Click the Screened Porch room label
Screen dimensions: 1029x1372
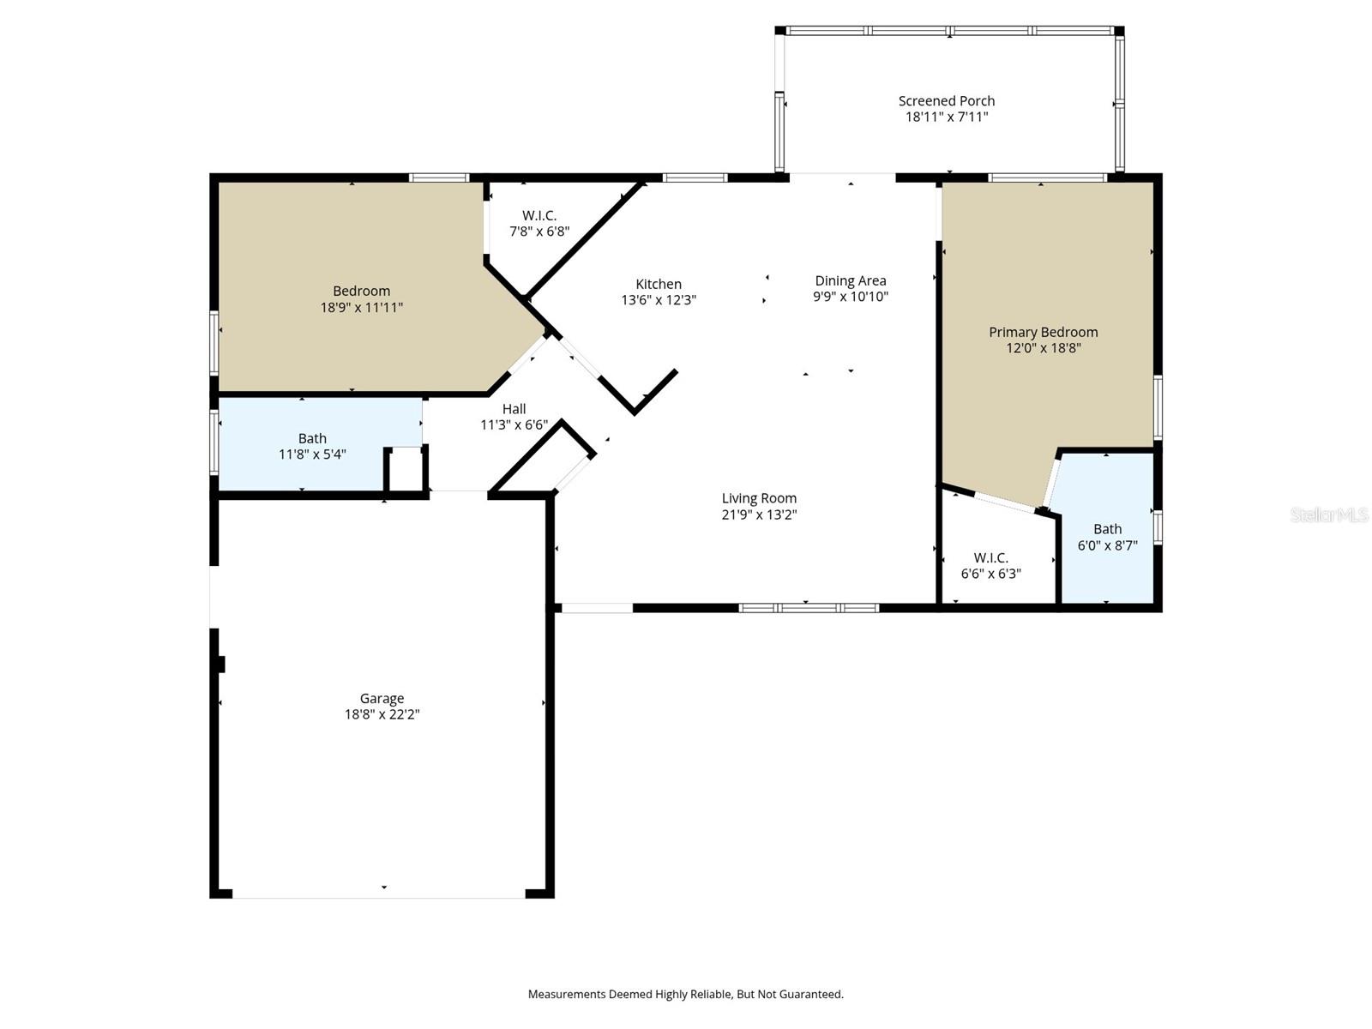(947, 101)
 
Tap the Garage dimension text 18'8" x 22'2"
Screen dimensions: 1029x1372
(382, 714)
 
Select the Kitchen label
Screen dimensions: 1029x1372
(659, 284)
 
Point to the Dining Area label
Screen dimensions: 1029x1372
(851, 280)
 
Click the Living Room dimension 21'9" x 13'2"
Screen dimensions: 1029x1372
(759, 514)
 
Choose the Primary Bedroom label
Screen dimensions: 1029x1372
(1043, 332)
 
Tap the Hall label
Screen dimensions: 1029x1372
(514, 409)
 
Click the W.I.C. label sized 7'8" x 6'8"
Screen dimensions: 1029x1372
(539, 215)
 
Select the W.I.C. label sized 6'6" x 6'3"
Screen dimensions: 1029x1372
(990, 557)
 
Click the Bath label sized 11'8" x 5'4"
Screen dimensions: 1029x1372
(312, 438)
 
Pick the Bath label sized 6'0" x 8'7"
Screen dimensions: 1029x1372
(1107, 529)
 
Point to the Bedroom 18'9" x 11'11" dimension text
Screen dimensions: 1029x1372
(361, 307)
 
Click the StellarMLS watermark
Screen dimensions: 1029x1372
(1328, 514)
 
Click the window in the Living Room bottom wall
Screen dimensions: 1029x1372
(809, 608)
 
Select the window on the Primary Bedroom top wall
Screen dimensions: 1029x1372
(1047, 178)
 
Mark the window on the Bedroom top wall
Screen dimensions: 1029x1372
(438, 178)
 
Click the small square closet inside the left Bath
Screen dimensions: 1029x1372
(406, 469)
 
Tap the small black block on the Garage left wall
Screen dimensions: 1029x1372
(221, 664)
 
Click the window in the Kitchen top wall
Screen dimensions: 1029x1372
(695, 178)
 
